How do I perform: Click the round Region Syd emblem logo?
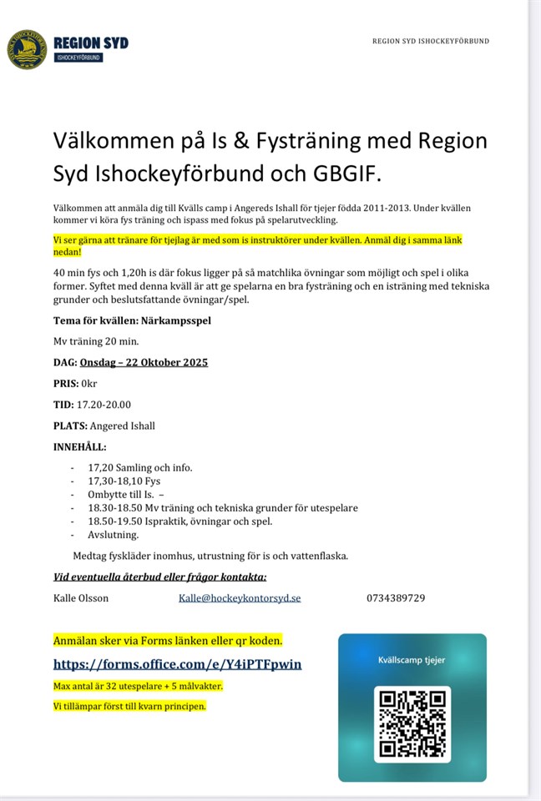(27, 49)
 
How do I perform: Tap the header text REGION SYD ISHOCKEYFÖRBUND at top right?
(431, 41)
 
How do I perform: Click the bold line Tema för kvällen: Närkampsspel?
(131, 320)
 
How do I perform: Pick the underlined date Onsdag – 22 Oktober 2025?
(144, 362)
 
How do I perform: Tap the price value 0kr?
(88, 383)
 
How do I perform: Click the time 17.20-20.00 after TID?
(104, 405)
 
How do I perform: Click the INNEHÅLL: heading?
(80, 446)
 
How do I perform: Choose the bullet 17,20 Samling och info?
(139, 467)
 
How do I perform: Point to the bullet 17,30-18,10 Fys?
(124, 481)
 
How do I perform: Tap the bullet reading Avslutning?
(113, 535)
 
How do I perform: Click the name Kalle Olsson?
(81, 597)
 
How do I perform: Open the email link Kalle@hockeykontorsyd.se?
(240, 597)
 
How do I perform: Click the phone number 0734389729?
(396, 597)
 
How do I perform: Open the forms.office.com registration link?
(177, 664)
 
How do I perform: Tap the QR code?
(412, 723)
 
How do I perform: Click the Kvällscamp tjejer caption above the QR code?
(412, 660)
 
